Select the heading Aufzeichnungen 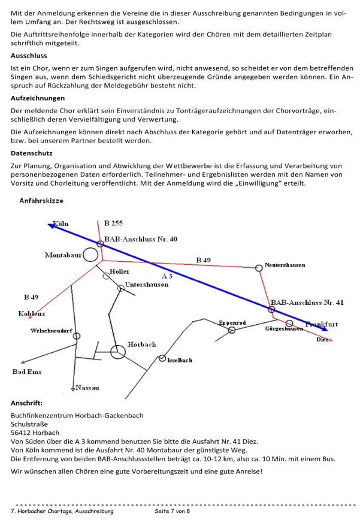click(38, 98)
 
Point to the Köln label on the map click(61, 224)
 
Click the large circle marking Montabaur click(90, 255)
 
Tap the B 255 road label click(113, 223)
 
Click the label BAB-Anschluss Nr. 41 click(307, 303)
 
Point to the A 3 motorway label click(167, 276)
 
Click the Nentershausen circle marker click(259, 268)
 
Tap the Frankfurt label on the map click(322, 324)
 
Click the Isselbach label click(180, 360)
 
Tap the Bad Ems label click(27, 372)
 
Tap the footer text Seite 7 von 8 click(172, 511)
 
